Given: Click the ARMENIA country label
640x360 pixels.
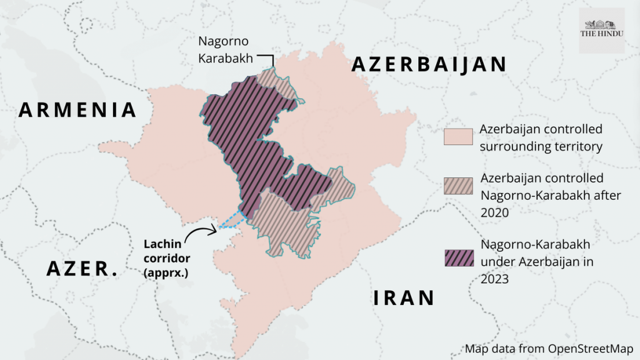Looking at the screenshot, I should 78,110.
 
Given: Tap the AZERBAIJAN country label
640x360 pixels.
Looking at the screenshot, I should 428,64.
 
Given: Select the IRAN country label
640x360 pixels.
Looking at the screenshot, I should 404,297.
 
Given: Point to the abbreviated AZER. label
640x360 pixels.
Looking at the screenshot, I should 82,269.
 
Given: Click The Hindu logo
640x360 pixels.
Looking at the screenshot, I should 601,30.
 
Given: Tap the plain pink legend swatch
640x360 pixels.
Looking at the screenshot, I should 457,137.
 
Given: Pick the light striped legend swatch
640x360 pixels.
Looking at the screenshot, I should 457,186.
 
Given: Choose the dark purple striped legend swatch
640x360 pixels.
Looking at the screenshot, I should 457,257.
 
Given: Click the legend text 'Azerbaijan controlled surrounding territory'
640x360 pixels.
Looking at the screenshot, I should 541,138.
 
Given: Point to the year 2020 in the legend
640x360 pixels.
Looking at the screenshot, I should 496,212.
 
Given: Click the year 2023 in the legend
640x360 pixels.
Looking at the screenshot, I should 496,279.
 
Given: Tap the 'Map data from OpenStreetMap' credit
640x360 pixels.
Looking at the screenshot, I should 549,348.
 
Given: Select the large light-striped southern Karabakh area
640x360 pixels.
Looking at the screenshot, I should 284,222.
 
